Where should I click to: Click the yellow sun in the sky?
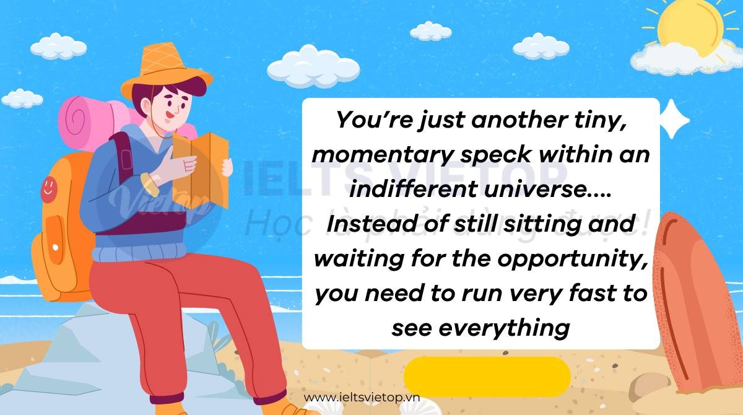pyautogui.click(x=690, y=27)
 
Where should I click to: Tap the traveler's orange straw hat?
pyautogui.click(x=165, y=69)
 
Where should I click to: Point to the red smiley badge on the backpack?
pyautogui.click(x=49, y=190)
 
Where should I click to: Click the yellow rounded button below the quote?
pyautogui.click(x=487, y=377)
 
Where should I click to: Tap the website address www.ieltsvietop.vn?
pyautogui.click(x=362, y=398)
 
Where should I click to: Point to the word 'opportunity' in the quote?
pyautogui.click(x=573, y=259)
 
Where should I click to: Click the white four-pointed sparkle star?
pyautogui.click(x=674, y=119)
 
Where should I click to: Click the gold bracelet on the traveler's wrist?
pyautogui.click(x=149, y=185)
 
